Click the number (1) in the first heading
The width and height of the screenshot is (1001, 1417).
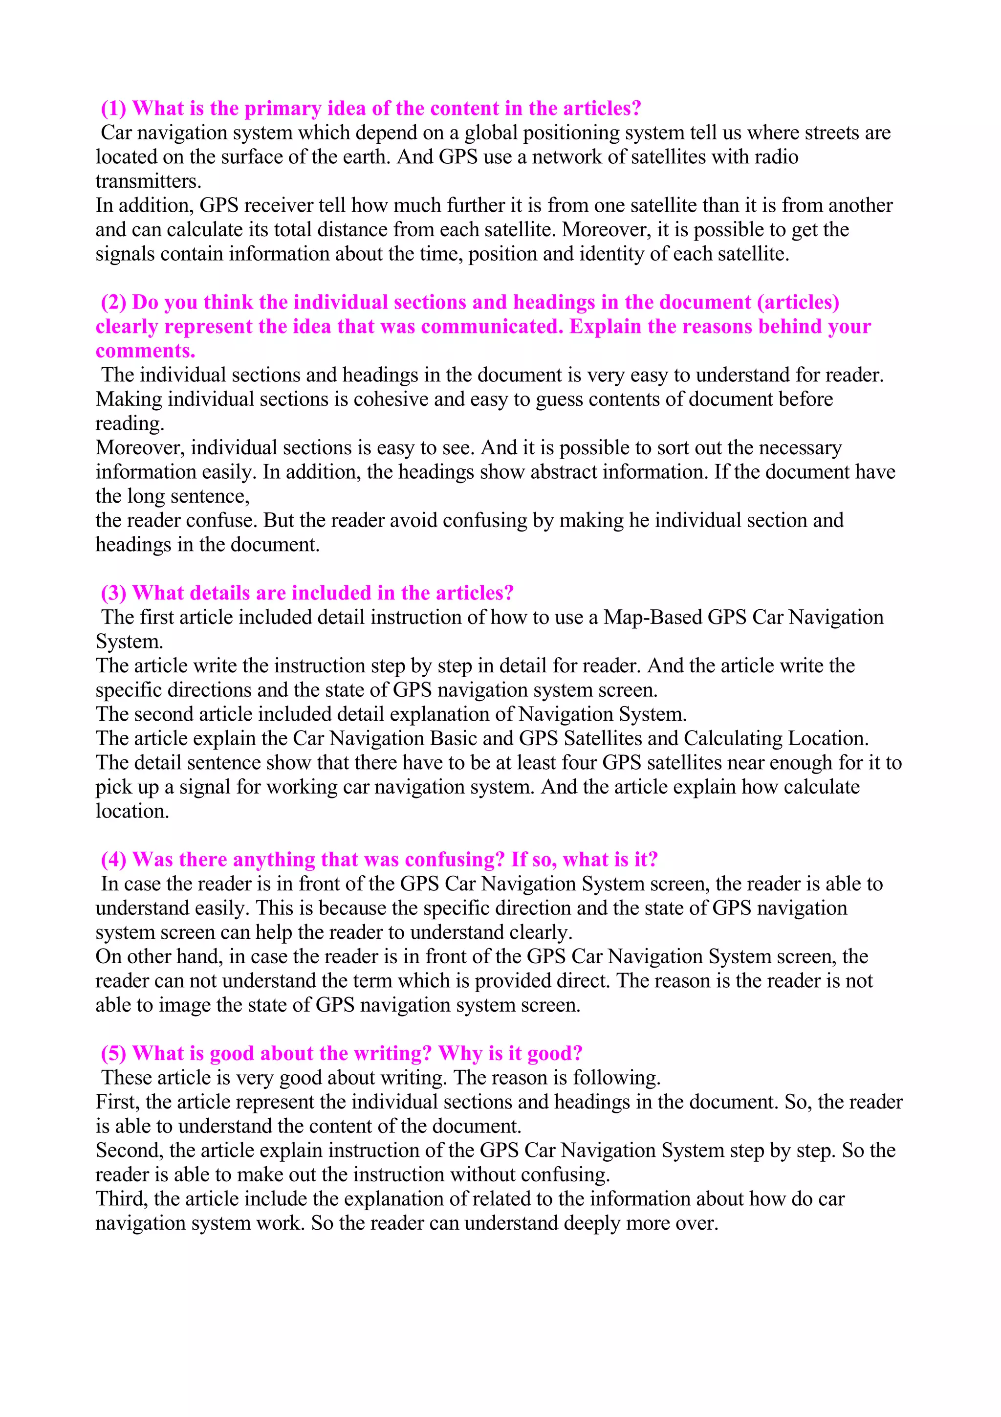(x=113, y=109)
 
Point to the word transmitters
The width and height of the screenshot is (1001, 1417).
(x=148, y=181)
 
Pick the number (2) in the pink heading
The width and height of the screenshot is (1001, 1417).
(x=113, y=302)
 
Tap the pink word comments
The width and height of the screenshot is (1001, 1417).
(x=145, y=351)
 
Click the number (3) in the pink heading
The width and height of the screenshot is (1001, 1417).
(x=113, y=593)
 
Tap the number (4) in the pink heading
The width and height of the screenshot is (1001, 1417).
(x=113, y=860)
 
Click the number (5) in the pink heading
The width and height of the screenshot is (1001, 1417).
(x=113, y=1054)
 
